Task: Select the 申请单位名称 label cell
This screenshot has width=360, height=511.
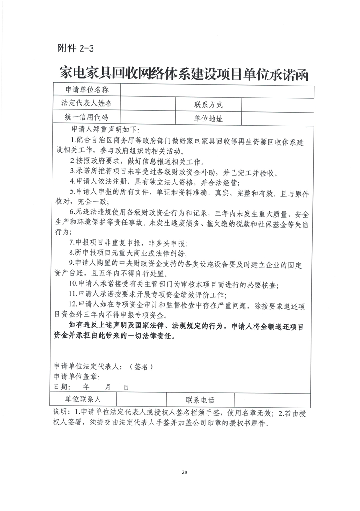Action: (87, 90)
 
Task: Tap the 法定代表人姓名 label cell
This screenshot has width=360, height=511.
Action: (87, 103)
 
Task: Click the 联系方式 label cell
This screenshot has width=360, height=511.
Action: (208, 104)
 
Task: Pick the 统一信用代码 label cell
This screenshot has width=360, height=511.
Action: (87, 118)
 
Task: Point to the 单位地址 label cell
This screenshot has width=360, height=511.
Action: (208, 119)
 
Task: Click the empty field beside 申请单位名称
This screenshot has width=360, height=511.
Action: (217, 90)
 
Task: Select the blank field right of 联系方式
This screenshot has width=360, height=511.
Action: (277, 104)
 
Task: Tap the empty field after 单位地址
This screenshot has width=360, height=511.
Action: (277, 119)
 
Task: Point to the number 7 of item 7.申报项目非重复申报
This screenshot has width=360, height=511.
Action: (71, 241)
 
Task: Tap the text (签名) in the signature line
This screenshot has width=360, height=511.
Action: (141, 367)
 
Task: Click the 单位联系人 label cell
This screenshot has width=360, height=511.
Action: (87, 400)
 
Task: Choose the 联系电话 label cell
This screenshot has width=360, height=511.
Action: (200, 400)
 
